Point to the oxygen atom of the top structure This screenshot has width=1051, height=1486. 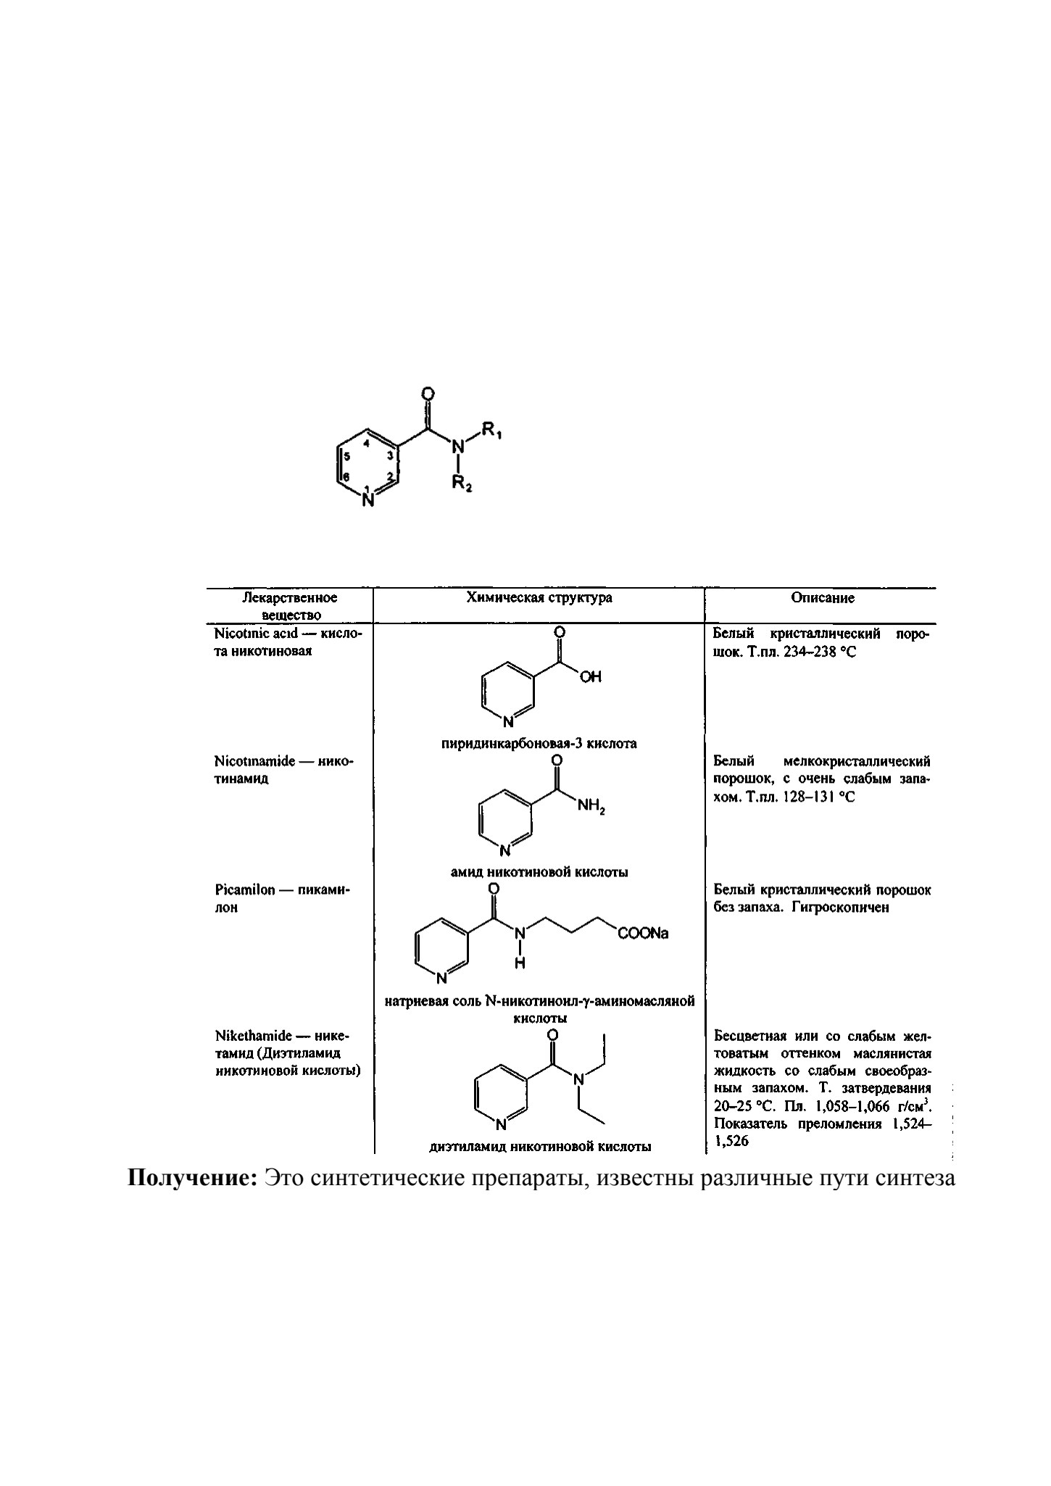[428, 394]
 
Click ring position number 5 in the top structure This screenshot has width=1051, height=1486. [347, 456]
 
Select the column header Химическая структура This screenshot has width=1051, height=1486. [539, 598]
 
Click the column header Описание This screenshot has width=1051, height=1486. [823, 598]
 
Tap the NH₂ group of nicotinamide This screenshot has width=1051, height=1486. [591, 806]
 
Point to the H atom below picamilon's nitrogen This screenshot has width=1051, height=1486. [520, 963]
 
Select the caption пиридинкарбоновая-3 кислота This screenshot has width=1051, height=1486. [539, 743]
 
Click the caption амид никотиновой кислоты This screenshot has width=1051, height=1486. [539, 872]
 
